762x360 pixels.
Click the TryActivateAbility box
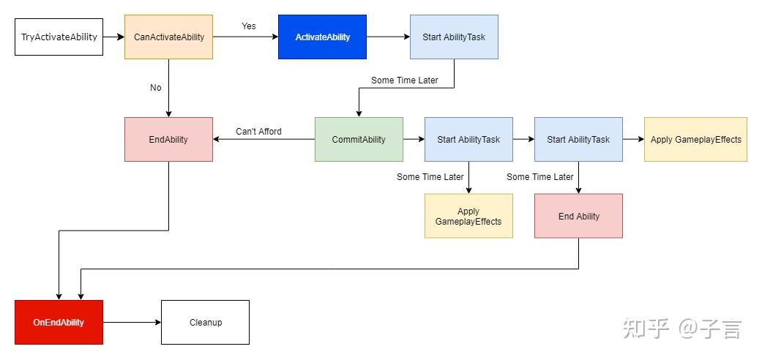[x=59, y=37]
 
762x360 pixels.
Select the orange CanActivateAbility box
[x=168, y=37]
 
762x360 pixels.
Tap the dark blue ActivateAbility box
[x=322, y=37]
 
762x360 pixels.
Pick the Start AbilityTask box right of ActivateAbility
[x=454, y=37]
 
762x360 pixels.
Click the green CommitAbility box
[x=359, y=139]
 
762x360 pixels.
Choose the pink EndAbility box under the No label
[x=168, y=139]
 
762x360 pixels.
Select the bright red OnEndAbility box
[x=59, y=322]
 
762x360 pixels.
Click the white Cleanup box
[x=205, y=322]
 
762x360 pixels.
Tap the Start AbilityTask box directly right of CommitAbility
[x=468, y=139]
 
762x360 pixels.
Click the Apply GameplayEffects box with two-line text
[x=468, y=216]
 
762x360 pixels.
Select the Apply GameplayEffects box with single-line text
[x=695, y=139]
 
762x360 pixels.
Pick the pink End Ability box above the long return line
[x=578, y=216]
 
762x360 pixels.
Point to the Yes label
[x=249, y=26]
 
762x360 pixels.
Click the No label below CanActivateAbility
[x=156, y=88]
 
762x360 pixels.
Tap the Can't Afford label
[x=258, y=132]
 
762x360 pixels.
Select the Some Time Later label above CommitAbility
[x=404, y=80]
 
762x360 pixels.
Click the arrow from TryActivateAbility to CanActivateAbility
[x=113, y=37]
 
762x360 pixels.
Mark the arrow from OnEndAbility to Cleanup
[x=132, y=322]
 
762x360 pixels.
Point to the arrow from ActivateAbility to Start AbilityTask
[x=388, y=37]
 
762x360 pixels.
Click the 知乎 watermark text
[x=646, y=329]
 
